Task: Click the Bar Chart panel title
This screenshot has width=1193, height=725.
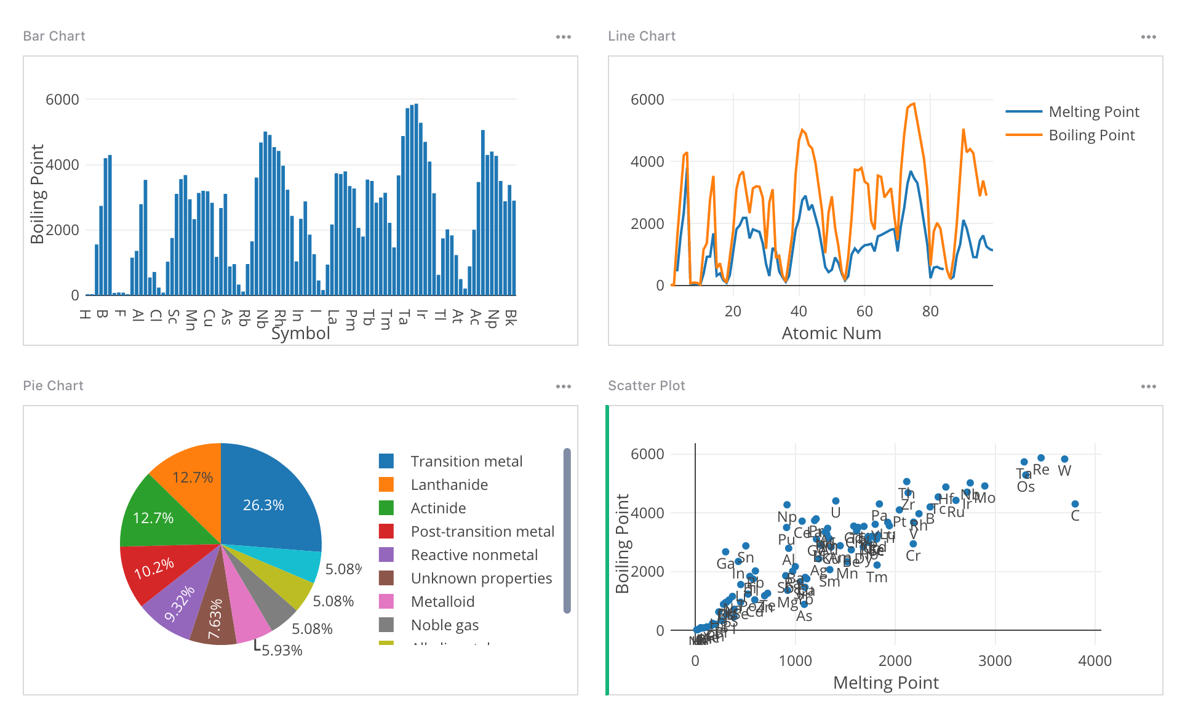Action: [54, 36]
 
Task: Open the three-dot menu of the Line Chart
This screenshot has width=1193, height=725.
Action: [1148, 37]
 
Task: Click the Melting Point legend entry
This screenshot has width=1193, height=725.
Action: [1093, 112]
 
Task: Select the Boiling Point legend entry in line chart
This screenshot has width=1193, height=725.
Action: [1091, 135]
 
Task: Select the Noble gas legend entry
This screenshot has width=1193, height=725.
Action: [444, 625]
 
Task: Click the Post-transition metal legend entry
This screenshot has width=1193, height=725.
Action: [482, 532]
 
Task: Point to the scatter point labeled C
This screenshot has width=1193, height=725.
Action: [1075, 504]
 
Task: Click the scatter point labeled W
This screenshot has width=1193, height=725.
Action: [1064, 459]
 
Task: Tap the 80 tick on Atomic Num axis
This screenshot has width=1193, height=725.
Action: [930, 311]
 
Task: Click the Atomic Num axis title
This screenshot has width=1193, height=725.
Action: [831, 334]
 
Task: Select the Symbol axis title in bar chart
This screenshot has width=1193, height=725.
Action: [300, 334]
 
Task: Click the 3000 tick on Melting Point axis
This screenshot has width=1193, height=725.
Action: [995, 661]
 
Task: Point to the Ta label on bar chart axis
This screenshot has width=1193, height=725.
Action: [404, 318]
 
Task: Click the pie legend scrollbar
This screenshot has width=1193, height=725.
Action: [567, 529]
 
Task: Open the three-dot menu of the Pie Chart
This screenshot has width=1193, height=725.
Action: [563, 387]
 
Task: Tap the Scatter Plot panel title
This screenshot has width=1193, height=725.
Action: [646, 386]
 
